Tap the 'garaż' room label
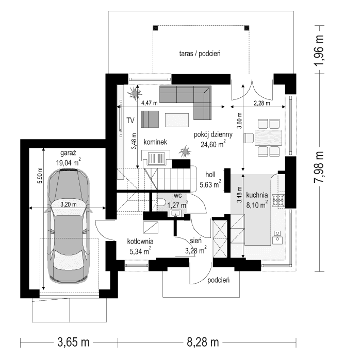68,152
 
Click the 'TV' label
130,120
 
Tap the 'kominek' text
155,141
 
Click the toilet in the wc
161,201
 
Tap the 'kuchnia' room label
256,195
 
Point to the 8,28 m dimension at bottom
202,342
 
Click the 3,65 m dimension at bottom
74,342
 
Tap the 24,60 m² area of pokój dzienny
213,145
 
